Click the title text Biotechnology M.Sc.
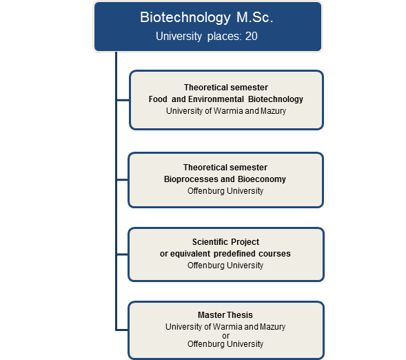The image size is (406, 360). click(207, 17)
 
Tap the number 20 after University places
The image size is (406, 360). click(251, 37)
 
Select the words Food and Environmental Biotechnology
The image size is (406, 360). click(225, 99)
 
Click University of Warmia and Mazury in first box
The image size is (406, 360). click(225, 111)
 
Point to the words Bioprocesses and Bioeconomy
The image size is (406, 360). click(225, 179)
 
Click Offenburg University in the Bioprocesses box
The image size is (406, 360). click(225, 191)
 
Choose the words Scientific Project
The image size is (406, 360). click(225, 242)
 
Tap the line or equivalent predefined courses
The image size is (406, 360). click(225, 254)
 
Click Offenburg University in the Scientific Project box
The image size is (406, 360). click(225, 266)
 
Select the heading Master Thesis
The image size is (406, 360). click(225, 315)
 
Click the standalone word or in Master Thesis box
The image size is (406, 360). click(225, 335)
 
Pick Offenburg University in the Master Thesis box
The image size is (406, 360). click(225, 344)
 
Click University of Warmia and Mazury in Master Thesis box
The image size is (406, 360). click(225, 326)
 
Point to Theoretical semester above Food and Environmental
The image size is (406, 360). click(225, 88)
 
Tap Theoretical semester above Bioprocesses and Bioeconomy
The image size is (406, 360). click(225, 168)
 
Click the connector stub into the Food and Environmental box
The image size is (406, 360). click(123, 100)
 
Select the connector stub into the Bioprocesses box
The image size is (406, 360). click(123, 180)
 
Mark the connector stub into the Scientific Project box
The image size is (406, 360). click(123, 254)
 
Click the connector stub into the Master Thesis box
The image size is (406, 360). click(123, 330)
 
